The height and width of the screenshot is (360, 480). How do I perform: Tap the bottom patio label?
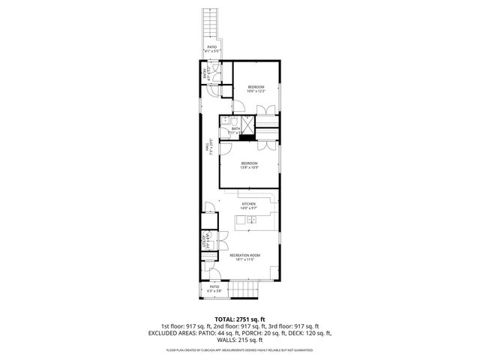(x=214, y=288)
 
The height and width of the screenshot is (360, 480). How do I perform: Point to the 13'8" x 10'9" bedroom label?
(x=249, y=165)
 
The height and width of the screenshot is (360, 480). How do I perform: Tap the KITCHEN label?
(x=249, y=205)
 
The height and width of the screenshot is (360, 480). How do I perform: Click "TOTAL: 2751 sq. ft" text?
(x=239, y=319)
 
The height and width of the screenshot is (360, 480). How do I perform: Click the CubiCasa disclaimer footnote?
(x=239, y=349)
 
